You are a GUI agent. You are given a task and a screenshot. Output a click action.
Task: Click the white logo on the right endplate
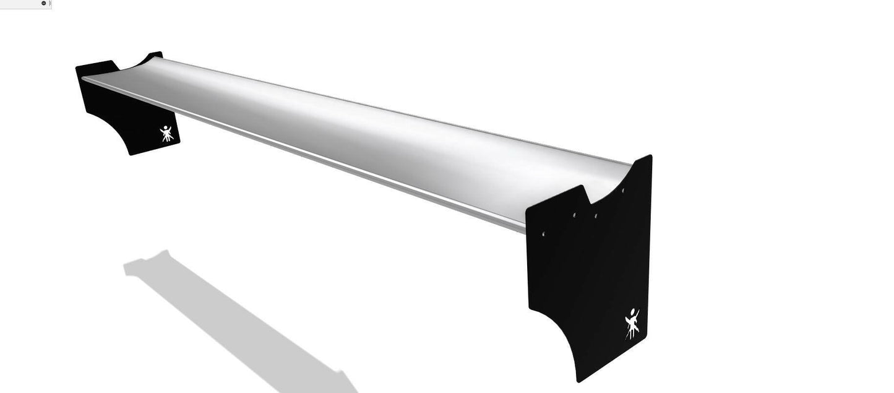click(x=632, y=324)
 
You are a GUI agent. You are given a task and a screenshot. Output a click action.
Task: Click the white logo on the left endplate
click(x=166, y=133)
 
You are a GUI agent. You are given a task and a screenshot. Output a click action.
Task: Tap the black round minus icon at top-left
click(x=43, y=3)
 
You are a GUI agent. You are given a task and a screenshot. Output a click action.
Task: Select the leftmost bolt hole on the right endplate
click(x=543, y=235)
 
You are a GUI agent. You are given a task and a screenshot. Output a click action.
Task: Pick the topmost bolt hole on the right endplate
click(x=622, y=191)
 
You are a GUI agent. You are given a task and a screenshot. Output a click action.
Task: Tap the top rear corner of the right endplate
click(x=650, y=157)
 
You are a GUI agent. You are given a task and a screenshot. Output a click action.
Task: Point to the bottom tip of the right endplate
click(x=577, y=379)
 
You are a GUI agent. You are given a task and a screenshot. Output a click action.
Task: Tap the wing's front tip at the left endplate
click(x=83, y=79)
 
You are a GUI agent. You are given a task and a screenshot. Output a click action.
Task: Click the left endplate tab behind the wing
click(x=155, y=56)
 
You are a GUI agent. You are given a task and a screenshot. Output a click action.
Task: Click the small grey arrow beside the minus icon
click(x=51, y=3)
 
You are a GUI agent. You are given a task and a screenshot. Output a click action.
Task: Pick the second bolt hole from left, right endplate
click(x=574, y=215)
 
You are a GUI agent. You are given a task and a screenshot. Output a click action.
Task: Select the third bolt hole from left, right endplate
click(x=596, y=216)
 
